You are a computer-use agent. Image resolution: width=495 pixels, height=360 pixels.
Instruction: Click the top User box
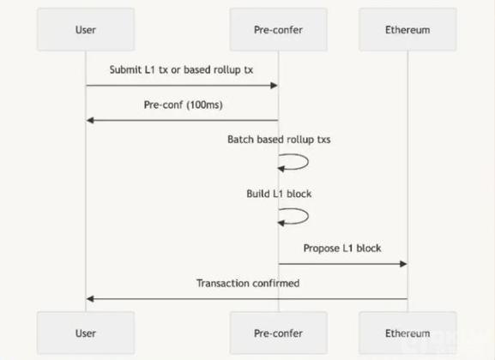(86, 29)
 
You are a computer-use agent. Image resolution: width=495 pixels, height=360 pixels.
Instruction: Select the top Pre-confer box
(279, 29)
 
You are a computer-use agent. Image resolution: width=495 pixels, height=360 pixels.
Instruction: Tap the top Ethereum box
(407, 29)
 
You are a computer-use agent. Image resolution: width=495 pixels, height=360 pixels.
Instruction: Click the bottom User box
(86, 333)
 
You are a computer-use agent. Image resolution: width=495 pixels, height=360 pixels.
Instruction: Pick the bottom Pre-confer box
(279, 333)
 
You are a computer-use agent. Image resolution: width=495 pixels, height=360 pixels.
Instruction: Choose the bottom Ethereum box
(407, 333)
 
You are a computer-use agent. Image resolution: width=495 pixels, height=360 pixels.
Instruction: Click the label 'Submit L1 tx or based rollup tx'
(181, 69)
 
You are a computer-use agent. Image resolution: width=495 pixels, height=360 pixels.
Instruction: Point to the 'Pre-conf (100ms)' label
(183, 105)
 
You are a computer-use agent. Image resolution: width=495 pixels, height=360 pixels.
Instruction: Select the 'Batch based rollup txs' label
(279, 140)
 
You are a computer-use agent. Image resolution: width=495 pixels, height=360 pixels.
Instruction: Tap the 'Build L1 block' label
(279, 194)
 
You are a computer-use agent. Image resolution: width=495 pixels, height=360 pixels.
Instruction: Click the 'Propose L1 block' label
(342, 249)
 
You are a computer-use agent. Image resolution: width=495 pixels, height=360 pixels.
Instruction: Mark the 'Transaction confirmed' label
(248, 284)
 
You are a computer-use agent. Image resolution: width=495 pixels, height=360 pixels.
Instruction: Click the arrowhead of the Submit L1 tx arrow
(274, 86)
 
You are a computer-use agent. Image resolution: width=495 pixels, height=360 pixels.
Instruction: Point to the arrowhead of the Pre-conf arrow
(90, 121)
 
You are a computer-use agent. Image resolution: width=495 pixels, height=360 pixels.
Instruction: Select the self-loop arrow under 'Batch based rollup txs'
(308, 162)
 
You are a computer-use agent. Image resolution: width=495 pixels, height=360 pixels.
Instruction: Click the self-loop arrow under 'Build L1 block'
(308, 216)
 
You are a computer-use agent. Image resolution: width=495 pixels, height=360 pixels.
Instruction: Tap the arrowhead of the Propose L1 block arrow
(403, 264)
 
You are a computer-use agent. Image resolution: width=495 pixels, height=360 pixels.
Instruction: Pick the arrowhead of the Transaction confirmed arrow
(90, 299)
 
